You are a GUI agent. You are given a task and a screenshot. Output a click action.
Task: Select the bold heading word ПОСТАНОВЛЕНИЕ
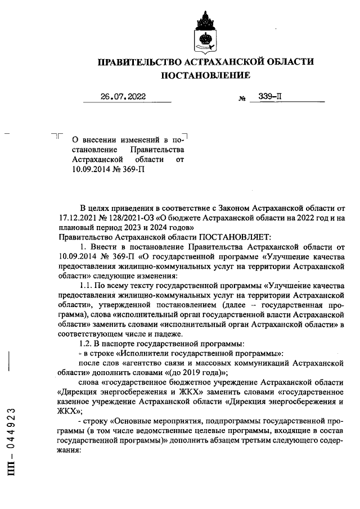206,75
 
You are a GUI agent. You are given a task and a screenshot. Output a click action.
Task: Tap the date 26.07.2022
123,97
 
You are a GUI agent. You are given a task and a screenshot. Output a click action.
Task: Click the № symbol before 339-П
242,98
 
